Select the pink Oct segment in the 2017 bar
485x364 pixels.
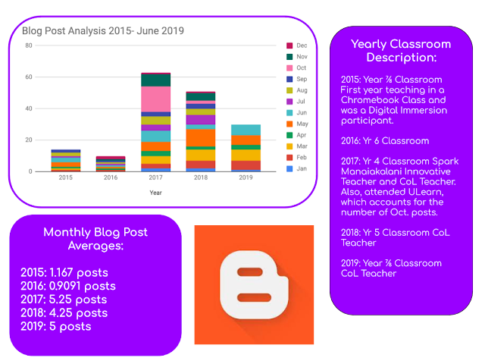pyautogui.click(x=156, y=99)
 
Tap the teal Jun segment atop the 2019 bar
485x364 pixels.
pyautogui.click(x=245, y=130)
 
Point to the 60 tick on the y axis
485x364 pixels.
pyautogui.click(x=28, y=77)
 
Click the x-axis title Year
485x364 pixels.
pyautogui.click(x=155, y=193)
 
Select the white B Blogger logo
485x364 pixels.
pyautogui.click(x=254, y=285)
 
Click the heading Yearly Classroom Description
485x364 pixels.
pyautogui.click(x=401, y=51)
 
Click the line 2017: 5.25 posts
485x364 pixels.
pyautogui.click(x=64, y=300)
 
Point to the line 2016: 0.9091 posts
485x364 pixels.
pyautogui.click(x=68, y=286)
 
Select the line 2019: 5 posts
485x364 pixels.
pyautogui.click(x=55, y=327)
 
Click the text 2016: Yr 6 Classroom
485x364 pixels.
pyautogui.click(x=385, y=141)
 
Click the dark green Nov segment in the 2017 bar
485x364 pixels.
pyautogui.click(x=156, y=80)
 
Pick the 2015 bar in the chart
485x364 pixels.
pyautogui.click(x=66, y=160)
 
